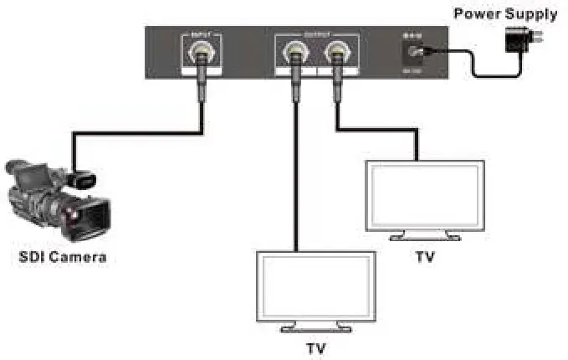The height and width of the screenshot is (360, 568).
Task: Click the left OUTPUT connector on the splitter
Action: (295, 56)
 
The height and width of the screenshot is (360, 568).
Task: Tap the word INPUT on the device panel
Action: (200, 34)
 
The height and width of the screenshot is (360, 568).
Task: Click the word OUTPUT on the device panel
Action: (315, 34)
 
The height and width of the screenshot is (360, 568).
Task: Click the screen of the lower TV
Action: (315, 287)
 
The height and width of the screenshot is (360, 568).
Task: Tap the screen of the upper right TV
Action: (425, 194)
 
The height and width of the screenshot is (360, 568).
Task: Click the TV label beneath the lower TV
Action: (315, 347)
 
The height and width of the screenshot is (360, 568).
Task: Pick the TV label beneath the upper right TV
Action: (425, 256)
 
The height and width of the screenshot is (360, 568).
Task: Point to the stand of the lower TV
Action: (315, 327)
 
